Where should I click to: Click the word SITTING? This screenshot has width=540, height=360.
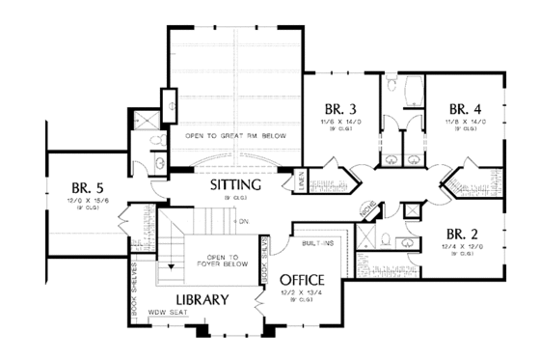pos(235,183)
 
